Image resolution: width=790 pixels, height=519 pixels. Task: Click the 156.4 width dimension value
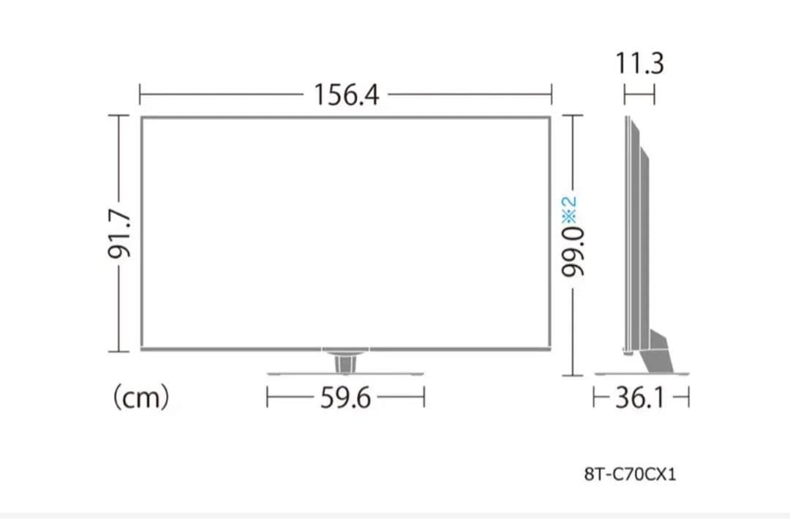click(346, 94)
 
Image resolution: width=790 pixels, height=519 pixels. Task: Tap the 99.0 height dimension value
click(573, 252)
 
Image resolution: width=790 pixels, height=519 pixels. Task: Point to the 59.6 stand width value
click(345, 397)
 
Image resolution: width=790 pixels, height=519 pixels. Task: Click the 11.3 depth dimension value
click(640, 64)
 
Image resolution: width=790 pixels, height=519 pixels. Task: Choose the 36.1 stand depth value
click(640, 397)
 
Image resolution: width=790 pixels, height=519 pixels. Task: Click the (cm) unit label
click(141, 397)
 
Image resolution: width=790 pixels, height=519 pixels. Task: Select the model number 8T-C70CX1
click(631, 474)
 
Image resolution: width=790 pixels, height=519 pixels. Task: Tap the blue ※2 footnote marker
click(569, 209)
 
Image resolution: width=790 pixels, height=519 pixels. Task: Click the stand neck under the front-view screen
click(345, 362)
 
